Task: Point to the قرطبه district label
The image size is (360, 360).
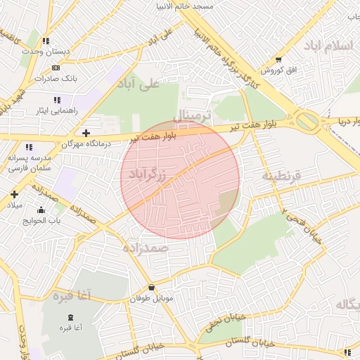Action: tap(281, 175)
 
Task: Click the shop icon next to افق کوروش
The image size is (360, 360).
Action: tap(279, 60)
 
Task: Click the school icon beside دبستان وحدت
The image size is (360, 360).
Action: tap(46, 41)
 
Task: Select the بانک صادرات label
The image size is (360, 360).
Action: tap(55, 78)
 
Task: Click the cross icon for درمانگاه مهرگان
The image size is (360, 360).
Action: tap(86, 132)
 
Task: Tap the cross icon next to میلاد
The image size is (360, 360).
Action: tap(13, 193)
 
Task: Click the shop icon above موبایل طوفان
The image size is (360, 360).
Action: tap(152, 287)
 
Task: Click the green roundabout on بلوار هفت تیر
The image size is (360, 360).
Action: tap(307, 121)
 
